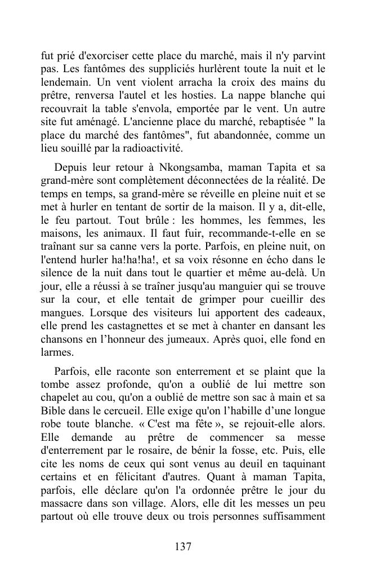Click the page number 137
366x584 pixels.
(x=183, y=546)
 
